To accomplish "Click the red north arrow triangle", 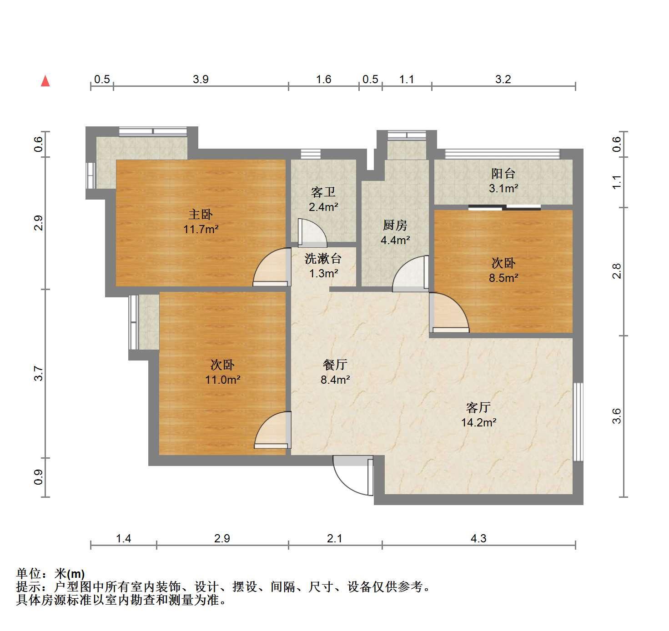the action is tap(45, 81).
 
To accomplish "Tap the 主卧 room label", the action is tap(201, 214).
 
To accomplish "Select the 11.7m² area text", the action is tap(201, 230).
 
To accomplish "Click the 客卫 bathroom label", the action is tap(323, 192).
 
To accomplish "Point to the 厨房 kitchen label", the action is tap(395, 225).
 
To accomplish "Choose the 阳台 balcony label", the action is tap(503, 173).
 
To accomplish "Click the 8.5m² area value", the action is tap(503, 278).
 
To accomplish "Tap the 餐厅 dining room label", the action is tap(335, 365).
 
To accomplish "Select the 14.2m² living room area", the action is tap(479, 422).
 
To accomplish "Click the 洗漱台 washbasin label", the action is tap(323, 258).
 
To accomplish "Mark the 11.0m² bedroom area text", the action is tap(223, 380).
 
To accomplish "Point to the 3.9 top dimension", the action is tap(201, 79).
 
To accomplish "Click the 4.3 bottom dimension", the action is tap(478, 538).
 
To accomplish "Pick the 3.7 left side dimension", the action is tap(39, 374).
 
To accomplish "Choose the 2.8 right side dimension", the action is tap(616, 271).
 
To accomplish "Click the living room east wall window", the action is tap(578, 421).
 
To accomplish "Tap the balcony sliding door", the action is tap(505, 207).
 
